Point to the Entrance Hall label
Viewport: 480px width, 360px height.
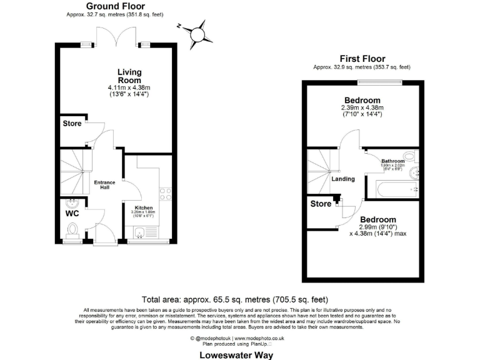tap(104, 185)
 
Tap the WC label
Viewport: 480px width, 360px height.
tap(72, 214)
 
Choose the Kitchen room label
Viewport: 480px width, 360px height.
tap(144, 207)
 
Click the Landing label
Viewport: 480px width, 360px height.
tap(343, 179)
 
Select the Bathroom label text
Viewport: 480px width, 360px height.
tap(394, 161)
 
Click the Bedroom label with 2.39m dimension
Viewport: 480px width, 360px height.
tap(362, 101)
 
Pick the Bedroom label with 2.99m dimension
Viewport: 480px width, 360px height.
tap(377, 219)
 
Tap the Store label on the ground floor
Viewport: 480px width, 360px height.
tap(72, 124)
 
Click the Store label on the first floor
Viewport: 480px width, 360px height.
tap(321, 203)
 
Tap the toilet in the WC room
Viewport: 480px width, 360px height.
tap(72, 233)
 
